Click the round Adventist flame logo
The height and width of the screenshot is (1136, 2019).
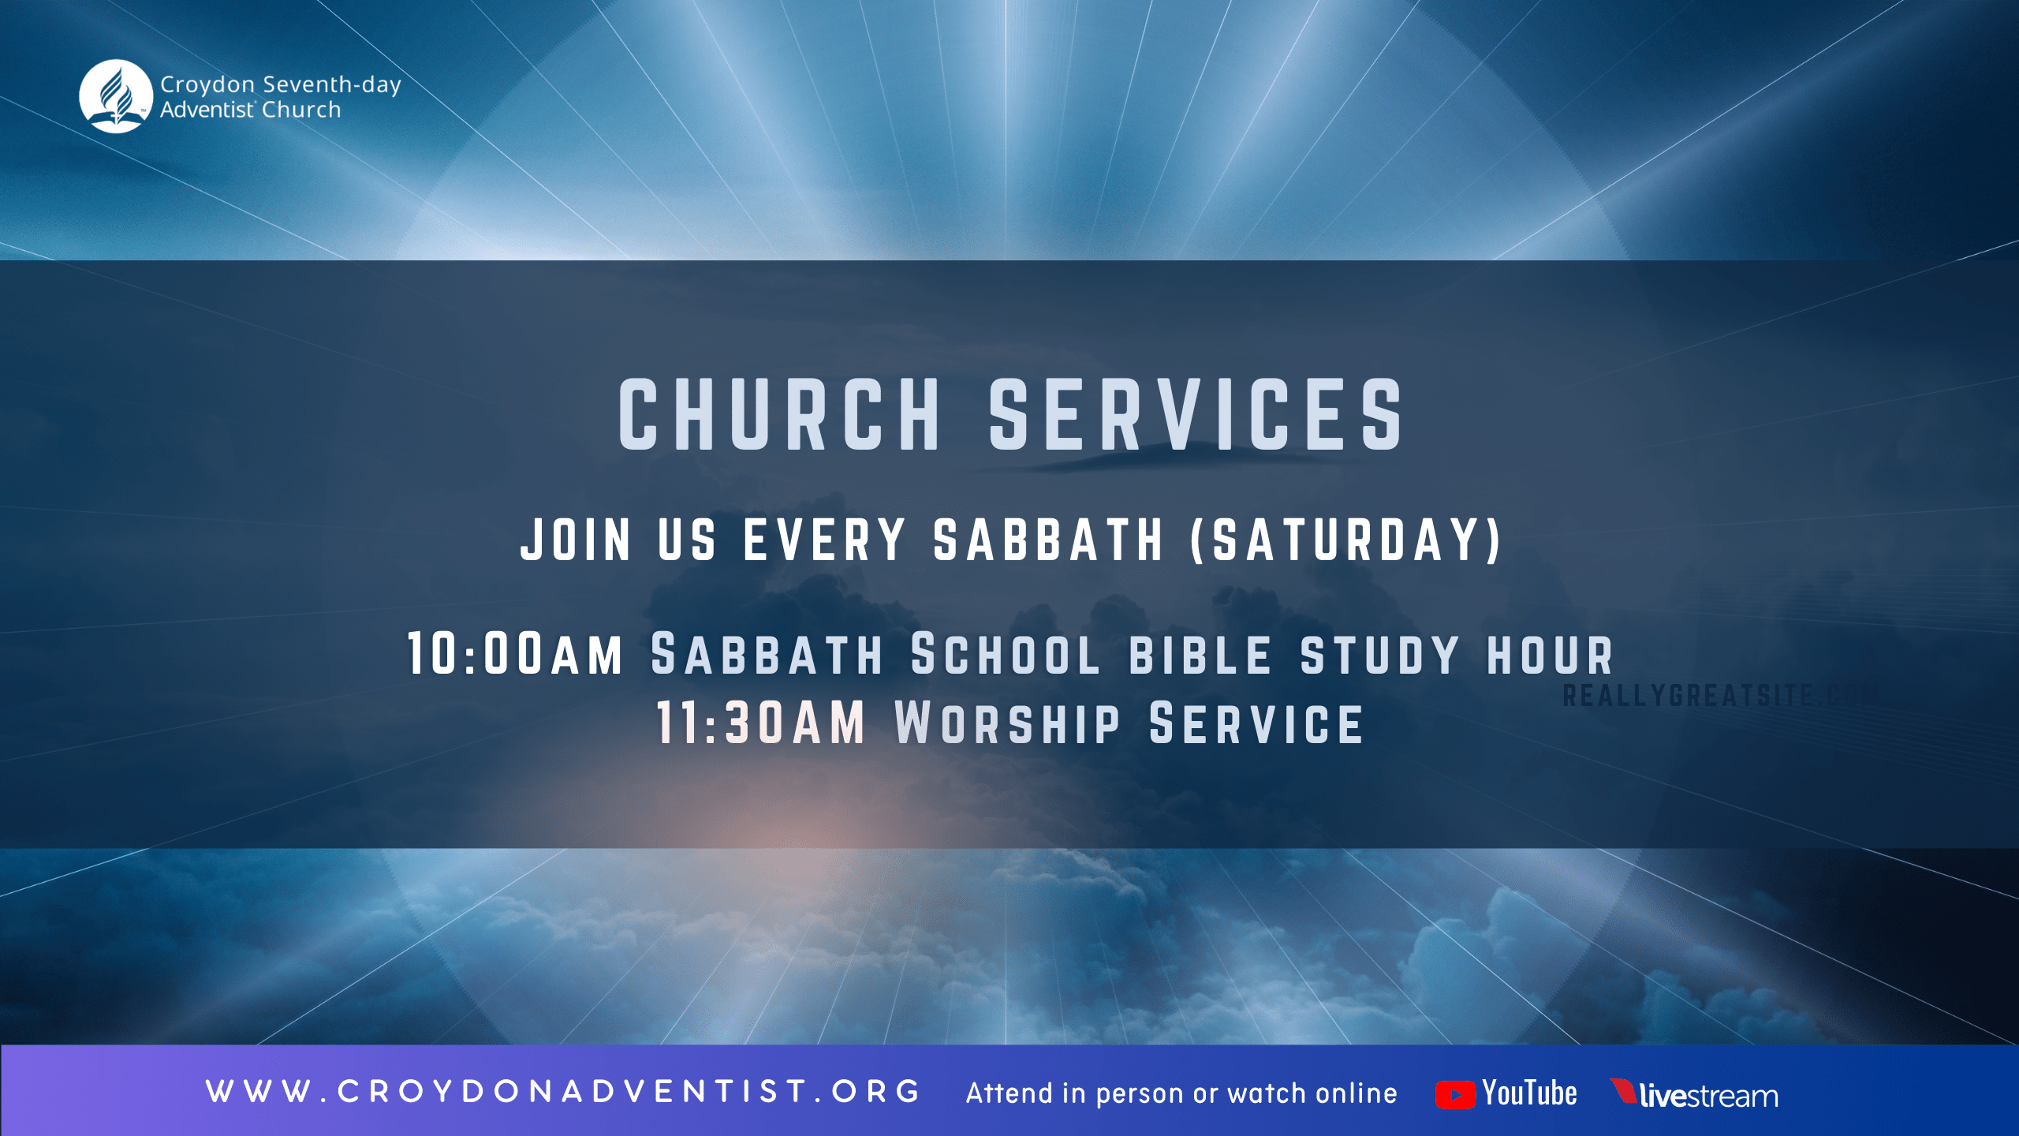(x=116, y=96)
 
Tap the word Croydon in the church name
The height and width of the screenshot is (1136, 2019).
(x=207, y=84)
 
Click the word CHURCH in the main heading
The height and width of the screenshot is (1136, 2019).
(x=779, y=415)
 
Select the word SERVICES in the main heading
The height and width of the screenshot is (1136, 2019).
(x=1196, y=415)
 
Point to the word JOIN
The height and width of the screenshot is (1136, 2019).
(x=576, y=540)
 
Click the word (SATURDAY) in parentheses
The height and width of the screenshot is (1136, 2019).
(x=1345, y=540)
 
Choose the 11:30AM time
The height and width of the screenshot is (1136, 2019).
(x=760, y=723)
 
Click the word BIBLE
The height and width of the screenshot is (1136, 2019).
(x=1200, y=656)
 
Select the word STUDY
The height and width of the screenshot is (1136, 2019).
(x=1380, y=656)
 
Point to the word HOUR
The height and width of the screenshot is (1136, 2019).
(x=1551, y=656)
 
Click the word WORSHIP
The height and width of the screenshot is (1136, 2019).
(x=1008, y=723)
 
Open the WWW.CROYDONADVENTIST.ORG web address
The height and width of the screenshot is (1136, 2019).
(x=563, y=1092)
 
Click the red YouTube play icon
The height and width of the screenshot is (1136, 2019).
(x=1455, y=1095)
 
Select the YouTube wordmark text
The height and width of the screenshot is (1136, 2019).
(x=1530, y=1093)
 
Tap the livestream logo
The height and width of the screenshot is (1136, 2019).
(x=1696, y=1095)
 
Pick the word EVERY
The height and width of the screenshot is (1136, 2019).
(x=824, y=540)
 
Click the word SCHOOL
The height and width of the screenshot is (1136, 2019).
(x=1005, y=656)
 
